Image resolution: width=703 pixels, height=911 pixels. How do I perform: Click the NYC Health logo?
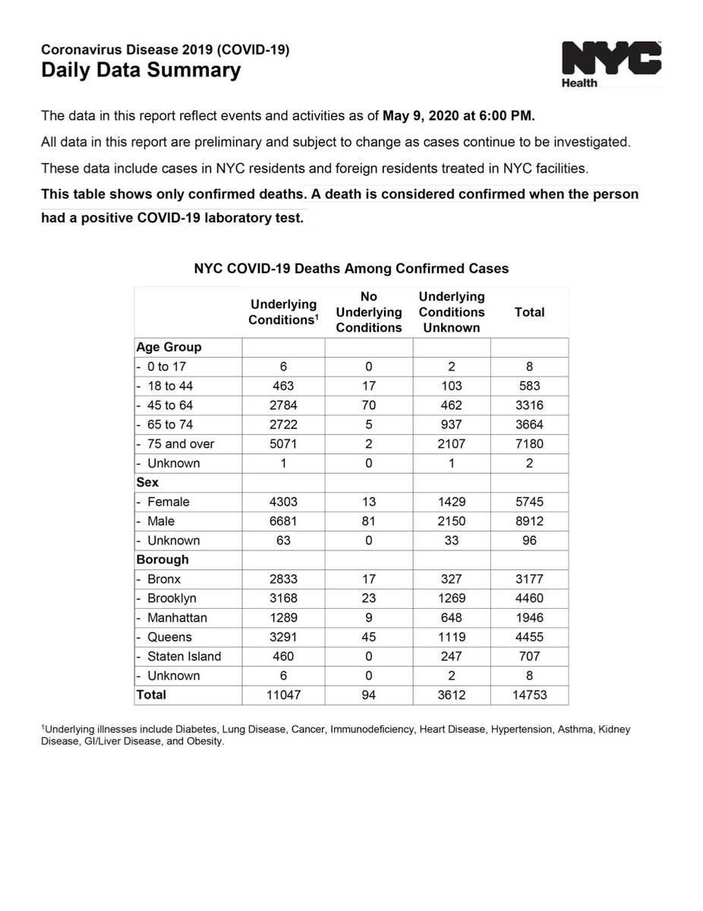(610, 64)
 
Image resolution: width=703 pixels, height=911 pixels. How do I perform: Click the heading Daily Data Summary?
(140, 71)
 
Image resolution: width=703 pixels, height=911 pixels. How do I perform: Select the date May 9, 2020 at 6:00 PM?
(459, 116)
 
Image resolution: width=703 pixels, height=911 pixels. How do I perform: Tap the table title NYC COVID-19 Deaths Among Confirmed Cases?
(351, 269)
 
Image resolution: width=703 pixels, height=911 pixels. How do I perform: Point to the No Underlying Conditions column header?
(368, 312)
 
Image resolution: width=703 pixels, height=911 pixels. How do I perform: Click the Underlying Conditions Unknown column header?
(452, 312)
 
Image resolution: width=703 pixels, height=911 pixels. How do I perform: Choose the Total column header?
(529, 312)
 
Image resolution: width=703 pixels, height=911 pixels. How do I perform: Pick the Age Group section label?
(169, 347)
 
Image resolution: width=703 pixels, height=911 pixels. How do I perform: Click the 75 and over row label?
(181, 444)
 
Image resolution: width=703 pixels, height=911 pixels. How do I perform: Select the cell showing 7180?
(529, 444)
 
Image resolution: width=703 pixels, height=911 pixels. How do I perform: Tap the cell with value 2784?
(283, 405)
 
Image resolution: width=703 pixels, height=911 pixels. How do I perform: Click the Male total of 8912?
(529, 522)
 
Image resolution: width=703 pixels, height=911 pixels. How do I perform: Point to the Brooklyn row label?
(172, 598)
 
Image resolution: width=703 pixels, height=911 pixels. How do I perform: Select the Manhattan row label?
(177, 618)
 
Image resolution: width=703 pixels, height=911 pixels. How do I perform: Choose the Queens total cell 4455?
(529, 637)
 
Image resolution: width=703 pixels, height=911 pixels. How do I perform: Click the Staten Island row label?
(184, 656)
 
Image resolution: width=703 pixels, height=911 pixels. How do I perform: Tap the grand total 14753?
(529, 695)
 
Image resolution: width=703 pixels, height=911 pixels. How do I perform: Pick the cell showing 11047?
(283, 695)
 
